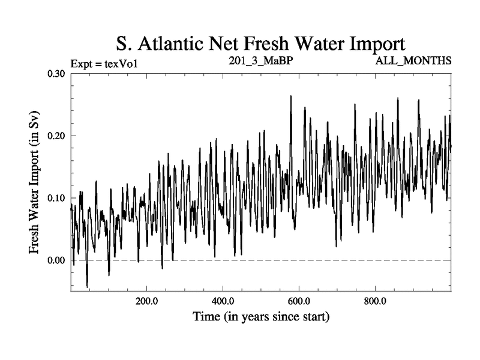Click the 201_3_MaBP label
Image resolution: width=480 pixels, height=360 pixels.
coord(260,61)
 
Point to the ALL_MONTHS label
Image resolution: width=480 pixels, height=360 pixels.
coord(413,61)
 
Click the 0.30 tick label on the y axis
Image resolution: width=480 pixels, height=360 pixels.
coord(57,73)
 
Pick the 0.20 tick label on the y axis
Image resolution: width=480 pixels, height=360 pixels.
coord(57,136)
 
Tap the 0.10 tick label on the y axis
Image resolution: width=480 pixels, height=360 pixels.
coord(57,198)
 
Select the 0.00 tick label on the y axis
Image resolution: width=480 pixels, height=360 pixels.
coord(57,260)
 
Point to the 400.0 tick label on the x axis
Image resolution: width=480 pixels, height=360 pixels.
coord(223,301)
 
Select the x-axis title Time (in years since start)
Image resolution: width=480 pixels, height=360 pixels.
coord(260,316)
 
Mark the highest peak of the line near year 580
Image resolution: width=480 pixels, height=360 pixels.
coord(291,96)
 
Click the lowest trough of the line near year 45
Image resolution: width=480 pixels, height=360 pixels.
coord(87,287)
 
